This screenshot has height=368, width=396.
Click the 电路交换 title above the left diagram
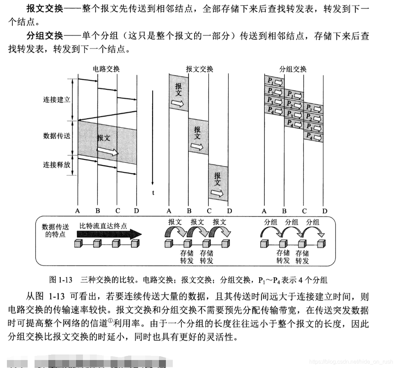click(x=106, y=69)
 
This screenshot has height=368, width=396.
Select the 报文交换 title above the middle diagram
click(x=199, y=69)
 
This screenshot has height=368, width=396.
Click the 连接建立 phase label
click(x=57, y=100)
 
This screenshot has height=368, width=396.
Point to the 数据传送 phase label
click(x=57, y=136)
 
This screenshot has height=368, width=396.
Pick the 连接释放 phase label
click(x=57, y=164)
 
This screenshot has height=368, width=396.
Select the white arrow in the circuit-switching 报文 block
click(x=108, y=151)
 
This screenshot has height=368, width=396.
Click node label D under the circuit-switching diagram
click(x=136, y=211)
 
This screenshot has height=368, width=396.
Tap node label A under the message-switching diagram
click(x=169, y=211)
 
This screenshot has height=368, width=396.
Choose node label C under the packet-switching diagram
click(x=304, y=211)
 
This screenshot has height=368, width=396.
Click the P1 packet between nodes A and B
click(x=274, y=81)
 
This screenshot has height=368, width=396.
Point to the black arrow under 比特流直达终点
click(x=109, y=234)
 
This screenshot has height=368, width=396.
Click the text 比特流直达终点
click(x=103, y=226)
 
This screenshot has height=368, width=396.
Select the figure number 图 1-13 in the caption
click(x=61, y=279)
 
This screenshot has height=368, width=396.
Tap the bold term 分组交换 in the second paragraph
click(x=45, y=36)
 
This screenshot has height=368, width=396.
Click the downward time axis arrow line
click(x=152, y=138)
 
